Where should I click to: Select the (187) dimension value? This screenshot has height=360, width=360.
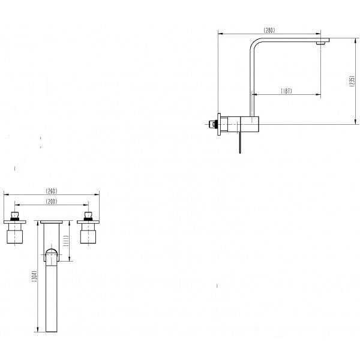tap(287, 91)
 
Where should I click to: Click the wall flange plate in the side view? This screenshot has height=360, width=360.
tap(219, 124)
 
